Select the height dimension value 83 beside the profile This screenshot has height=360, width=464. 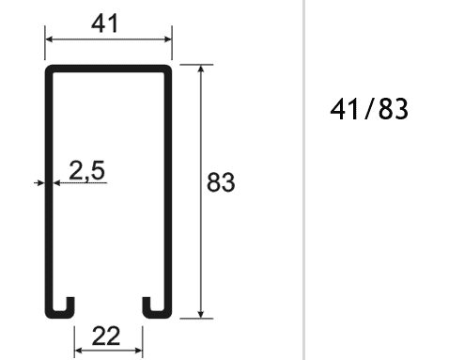pyautogui.click(x=220, y=182)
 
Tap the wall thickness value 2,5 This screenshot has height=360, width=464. pyautogui.click(x=86, y=170)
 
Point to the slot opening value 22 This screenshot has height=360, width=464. pyautogui.click(x=108, y=335)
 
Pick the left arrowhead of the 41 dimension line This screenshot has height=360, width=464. pyautogui.click(x=49, y=39)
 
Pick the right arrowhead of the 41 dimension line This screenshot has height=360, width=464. pyautogui.click(x=169, y=39)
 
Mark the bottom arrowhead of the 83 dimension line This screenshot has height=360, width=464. pyautogui.click(x=200, y=313)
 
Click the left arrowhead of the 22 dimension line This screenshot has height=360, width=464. pyautogui.click(x=79, y=350)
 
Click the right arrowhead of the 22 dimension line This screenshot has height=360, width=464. pyautogui.click(x=139, y=350)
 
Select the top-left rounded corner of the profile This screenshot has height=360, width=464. pyautogui.click(x=47, y=69)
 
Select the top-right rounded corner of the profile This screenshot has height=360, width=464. pyautogui.click(x=171, y=69)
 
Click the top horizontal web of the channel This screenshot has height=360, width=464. pyautogui.click(x=108, y=68)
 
